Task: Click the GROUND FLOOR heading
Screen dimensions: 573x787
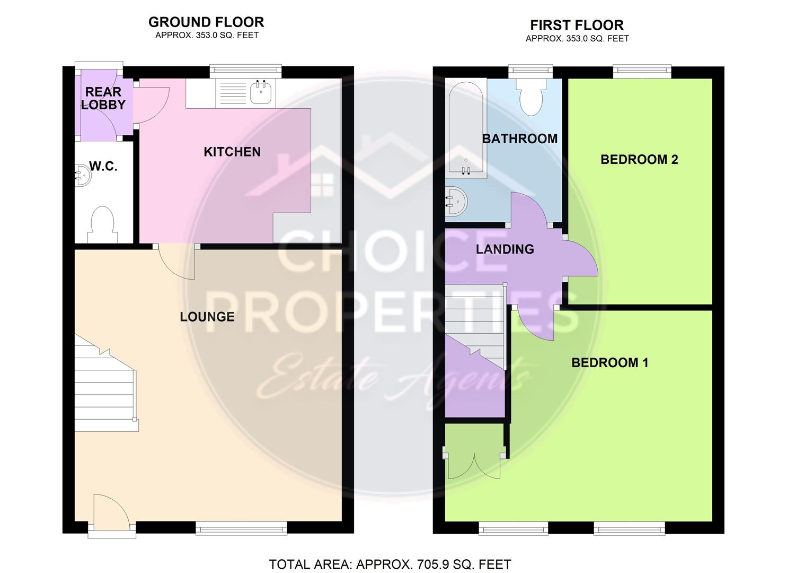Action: tap(206, 22)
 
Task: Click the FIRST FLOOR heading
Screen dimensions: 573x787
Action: tap(577, 25)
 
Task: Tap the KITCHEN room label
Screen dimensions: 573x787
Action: tap(232, 152)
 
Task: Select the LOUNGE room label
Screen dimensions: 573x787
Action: tap(207, 317)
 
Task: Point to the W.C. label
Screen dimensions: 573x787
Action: tap(103, 167)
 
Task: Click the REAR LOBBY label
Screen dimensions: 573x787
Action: tap(103, 99)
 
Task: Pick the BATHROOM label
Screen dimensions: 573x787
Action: tap(519, 139)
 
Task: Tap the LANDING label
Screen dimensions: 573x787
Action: tap(505, 249)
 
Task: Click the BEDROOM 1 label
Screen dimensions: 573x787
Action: tap(609, 363)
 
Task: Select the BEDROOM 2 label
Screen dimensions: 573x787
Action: tap(639, 160)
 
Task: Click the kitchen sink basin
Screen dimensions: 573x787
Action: tap(261, 93)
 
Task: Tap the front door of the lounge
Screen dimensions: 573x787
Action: tap(110, 511)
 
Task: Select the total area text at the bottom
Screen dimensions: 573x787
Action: tap(390, 565)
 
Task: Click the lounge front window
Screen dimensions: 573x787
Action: tap(241, 527)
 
